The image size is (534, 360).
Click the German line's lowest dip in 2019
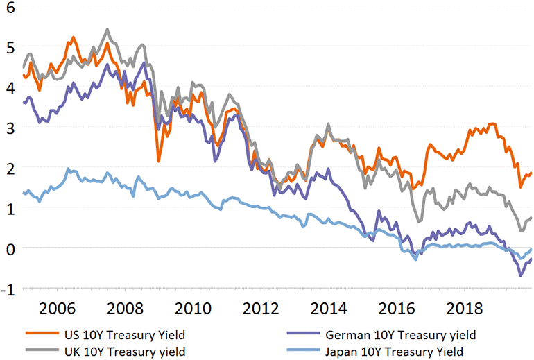(521, 275)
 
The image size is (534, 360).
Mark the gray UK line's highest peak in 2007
(107, 29)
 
